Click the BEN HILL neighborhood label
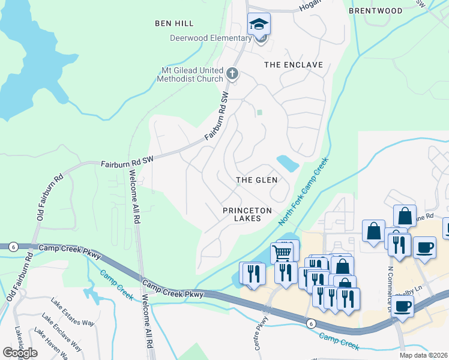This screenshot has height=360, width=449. click(174, 23)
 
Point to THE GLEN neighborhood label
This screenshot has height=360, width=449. click(256, 180)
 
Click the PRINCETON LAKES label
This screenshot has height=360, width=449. click(247, 214)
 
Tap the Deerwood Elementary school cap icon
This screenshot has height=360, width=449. click(259, 25)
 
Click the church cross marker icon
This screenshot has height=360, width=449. click(233, 74)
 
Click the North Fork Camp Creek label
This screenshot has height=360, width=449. click(304, 193)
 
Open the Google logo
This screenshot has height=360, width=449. click(20, 353)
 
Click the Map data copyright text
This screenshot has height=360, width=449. click(423, 355)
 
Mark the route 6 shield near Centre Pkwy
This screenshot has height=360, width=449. click(310, 323)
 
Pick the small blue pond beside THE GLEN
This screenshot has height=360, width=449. click(287, 163)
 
